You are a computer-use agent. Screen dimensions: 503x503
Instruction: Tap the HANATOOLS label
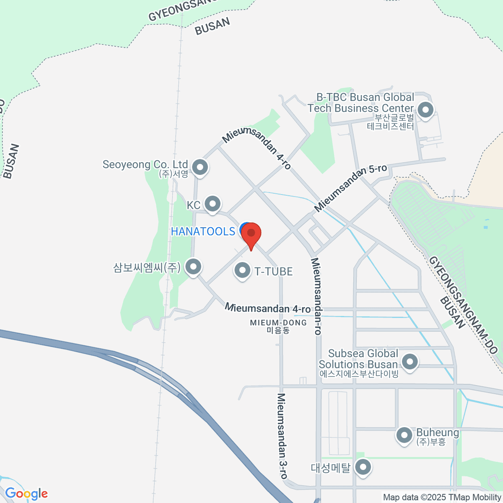click(x=203, y=231)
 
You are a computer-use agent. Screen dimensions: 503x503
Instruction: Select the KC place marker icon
click(x=213, y=204)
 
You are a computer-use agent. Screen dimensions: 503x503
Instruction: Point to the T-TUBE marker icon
click(x=242, y=270)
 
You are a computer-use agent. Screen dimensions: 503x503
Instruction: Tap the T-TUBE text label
click(x=274, y=272)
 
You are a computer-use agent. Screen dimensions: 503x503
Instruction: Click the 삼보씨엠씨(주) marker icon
click(x=193, y=267)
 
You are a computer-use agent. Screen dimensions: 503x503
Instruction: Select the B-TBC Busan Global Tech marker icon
click(x=426, y=111)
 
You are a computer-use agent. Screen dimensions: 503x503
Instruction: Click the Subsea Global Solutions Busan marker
click(x=410, y=361)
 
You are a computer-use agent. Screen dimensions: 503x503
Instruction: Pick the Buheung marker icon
click(x=404, y=435)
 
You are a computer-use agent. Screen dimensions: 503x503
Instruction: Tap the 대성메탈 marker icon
click(x=363, y=467)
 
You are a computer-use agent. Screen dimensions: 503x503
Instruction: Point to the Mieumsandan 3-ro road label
click(x=283, y=436)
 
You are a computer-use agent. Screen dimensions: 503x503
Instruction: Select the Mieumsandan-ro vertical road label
click(x=316, y=296)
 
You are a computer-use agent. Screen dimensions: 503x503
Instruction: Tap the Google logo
click(x=26, y=494)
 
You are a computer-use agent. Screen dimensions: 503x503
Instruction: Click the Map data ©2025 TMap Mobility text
click(x=442, y=497)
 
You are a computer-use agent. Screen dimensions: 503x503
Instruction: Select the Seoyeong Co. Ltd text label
click(x=145, y=165)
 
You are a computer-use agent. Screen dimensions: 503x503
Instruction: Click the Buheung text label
click(x=437, y=433)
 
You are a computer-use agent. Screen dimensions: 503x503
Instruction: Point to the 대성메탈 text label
click(x=330, y=468)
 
